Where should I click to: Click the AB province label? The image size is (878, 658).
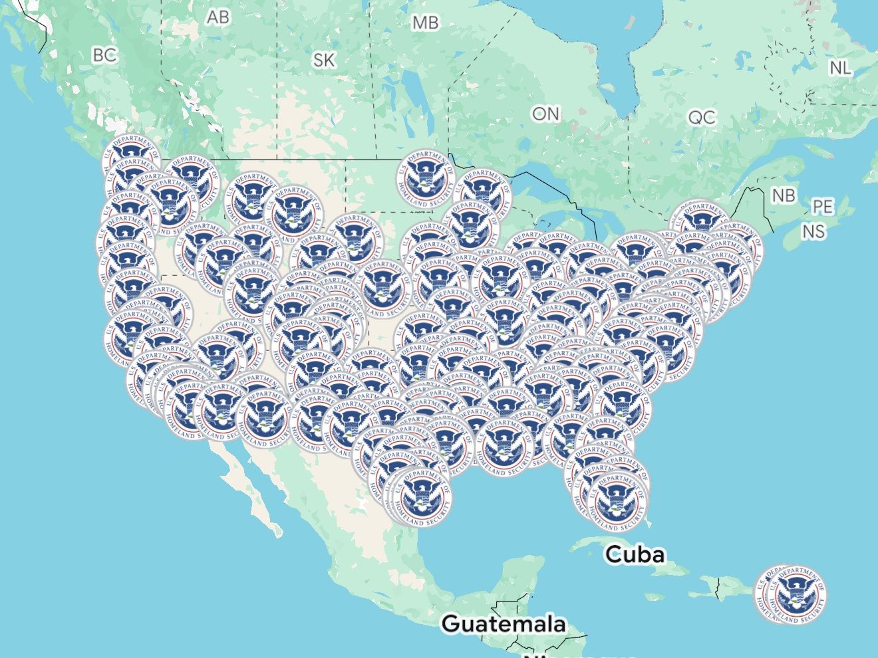coord(218,17)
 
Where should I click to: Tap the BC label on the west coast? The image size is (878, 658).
coord(104,55)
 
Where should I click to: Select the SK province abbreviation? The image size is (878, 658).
coord(324,60)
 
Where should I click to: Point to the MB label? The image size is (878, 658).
coord(425,23)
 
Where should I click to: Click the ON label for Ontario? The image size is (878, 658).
coord(545,114)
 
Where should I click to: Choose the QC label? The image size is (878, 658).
coord(702,118)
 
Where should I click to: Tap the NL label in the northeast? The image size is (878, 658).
coord(839,68)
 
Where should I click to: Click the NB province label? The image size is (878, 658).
coord(784,195)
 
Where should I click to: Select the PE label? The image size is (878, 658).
coord(823,207)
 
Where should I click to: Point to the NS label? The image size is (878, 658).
coord(813,231)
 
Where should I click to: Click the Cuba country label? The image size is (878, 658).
coord(635,554)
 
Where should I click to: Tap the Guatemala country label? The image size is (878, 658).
coord(504,623)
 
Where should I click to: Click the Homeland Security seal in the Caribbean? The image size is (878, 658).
coord(792,594)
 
